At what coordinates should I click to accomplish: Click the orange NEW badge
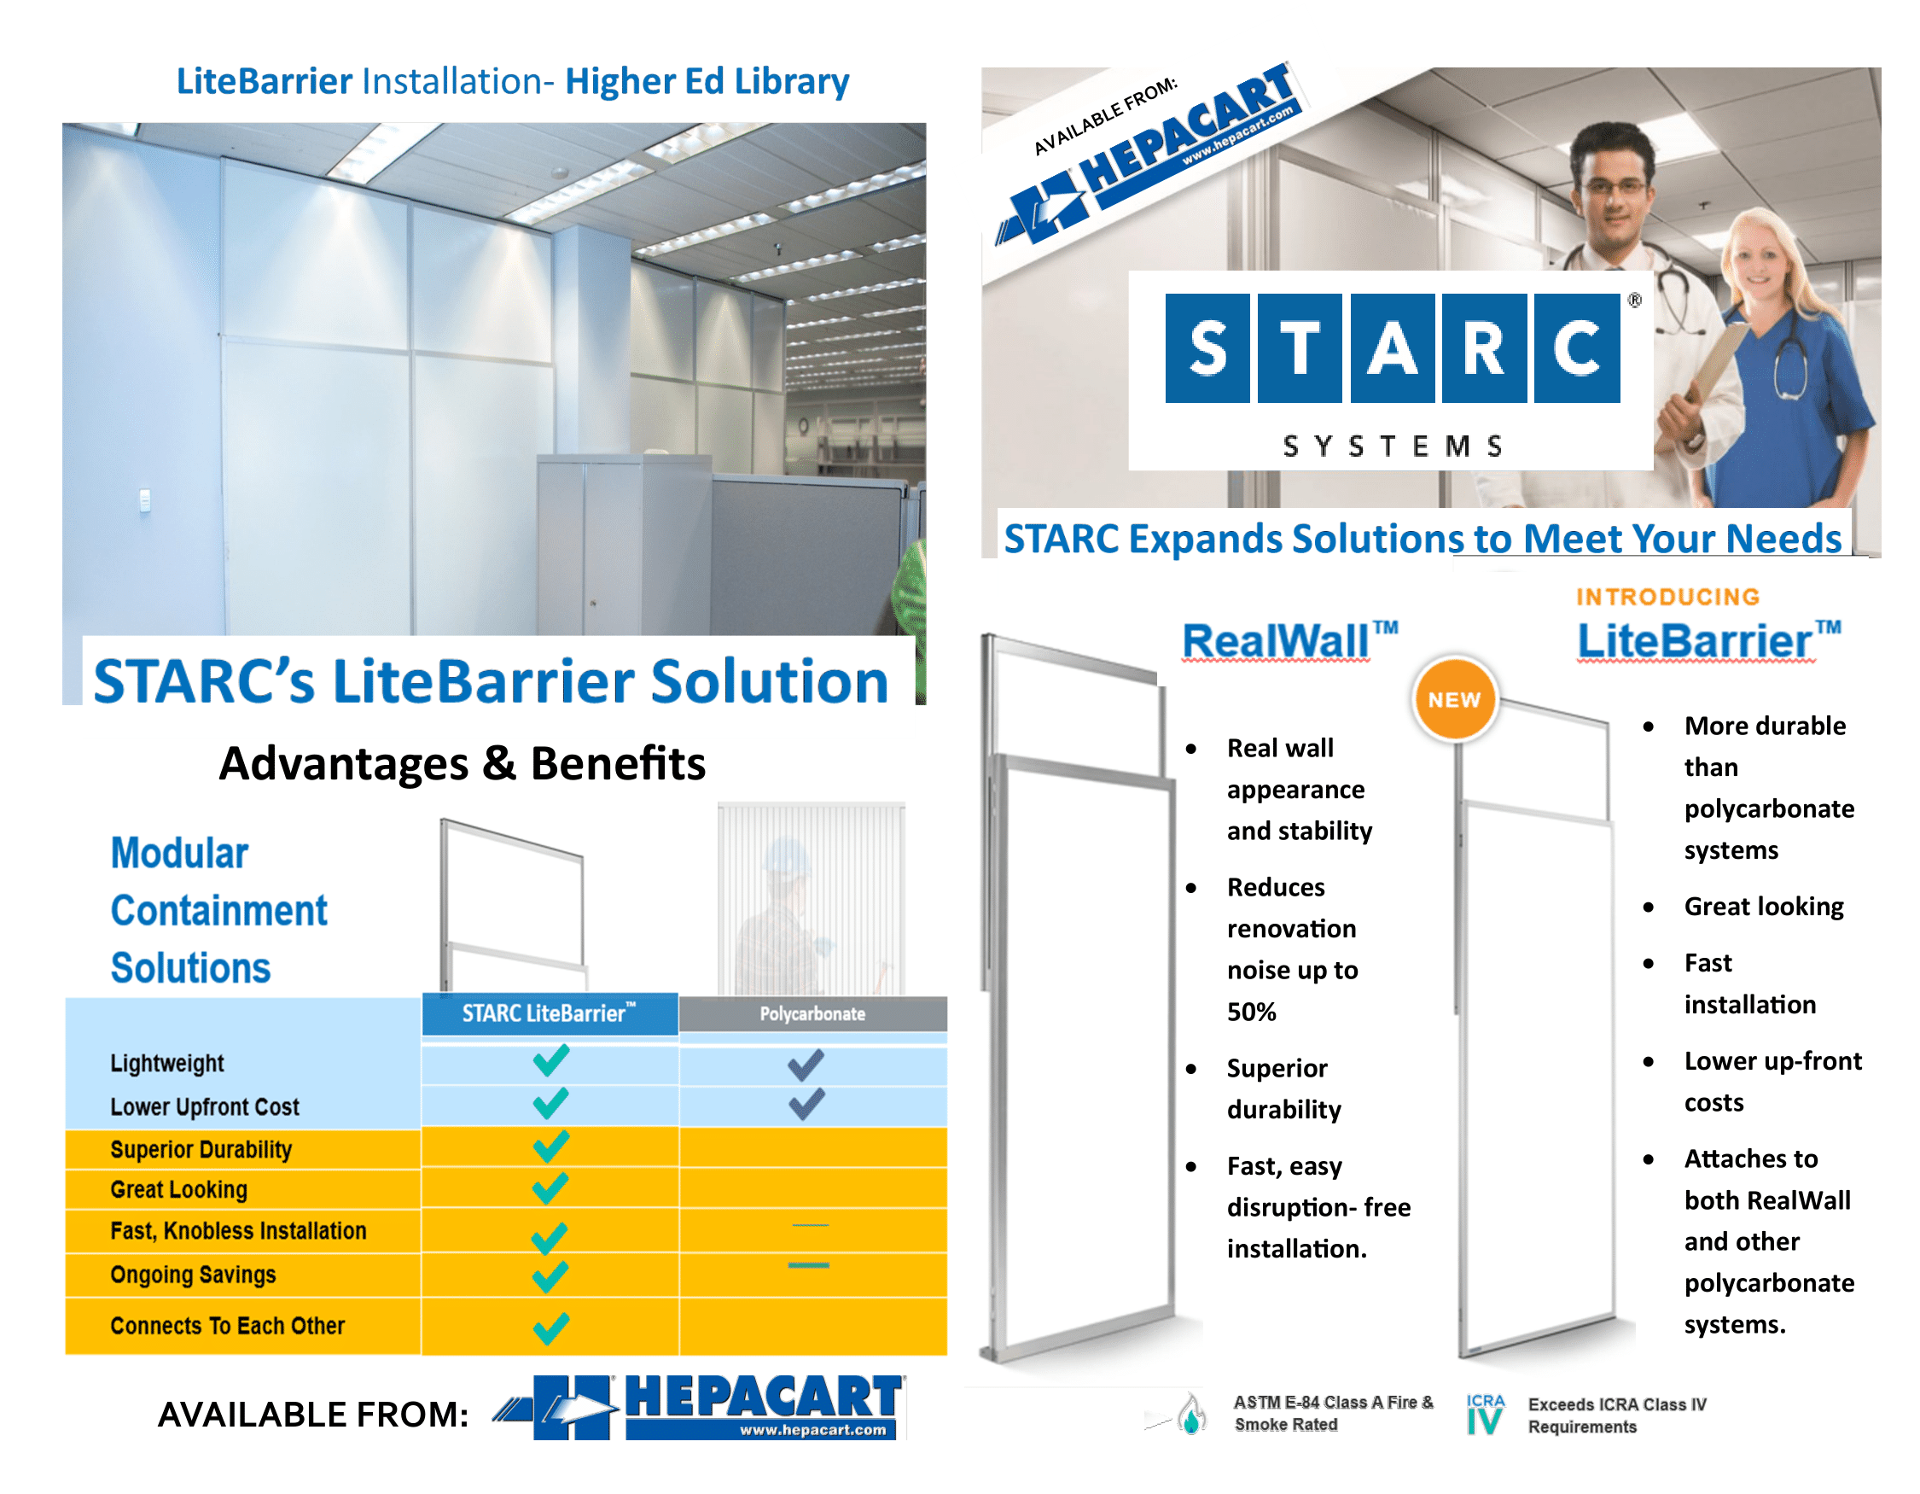click(x=1454, y=699)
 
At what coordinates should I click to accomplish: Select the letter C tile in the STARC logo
click(x=1577, y=348)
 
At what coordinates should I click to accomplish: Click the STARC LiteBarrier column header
click(x=550, y=1014)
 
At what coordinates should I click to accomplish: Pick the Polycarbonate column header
click(x=812, y=1014)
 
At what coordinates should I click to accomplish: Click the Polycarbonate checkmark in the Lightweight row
click(x=806, y=1064)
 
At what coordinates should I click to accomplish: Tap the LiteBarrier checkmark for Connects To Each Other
click(x=550, y=1328)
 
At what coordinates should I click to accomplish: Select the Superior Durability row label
click(x=201, y=1149)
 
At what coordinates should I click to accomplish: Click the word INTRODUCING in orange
click(x=1667, y=597)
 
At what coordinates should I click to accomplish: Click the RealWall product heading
click(x=1289, y=640)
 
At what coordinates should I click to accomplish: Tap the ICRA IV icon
click(x=1485, y=1413)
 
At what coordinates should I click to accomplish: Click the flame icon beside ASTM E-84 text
click(x=1191, y=1413)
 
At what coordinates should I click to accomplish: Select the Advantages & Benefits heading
click(x=463, y=762)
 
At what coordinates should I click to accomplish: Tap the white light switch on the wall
click(x=145, y=500)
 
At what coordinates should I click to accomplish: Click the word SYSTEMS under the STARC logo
click(x=1393, y=446)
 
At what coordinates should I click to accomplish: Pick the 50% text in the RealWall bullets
click(x=1251, y=1012)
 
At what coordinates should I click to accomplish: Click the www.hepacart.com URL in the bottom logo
click(x=812, y=1430)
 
